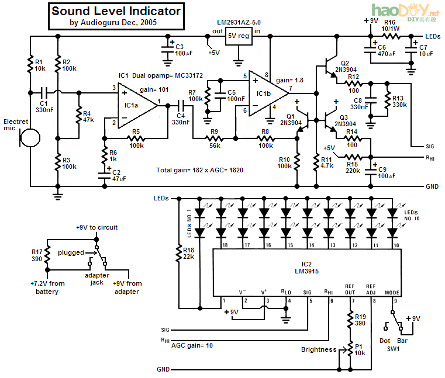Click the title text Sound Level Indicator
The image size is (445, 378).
[116, 11]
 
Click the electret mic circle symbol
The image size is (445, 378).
[30, 138]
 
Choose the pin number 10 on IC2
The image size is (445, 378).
[396, 245]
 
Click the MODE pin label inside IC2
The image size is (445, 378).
[392, 292]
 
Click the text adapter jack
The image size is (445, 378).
[97, 279]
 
